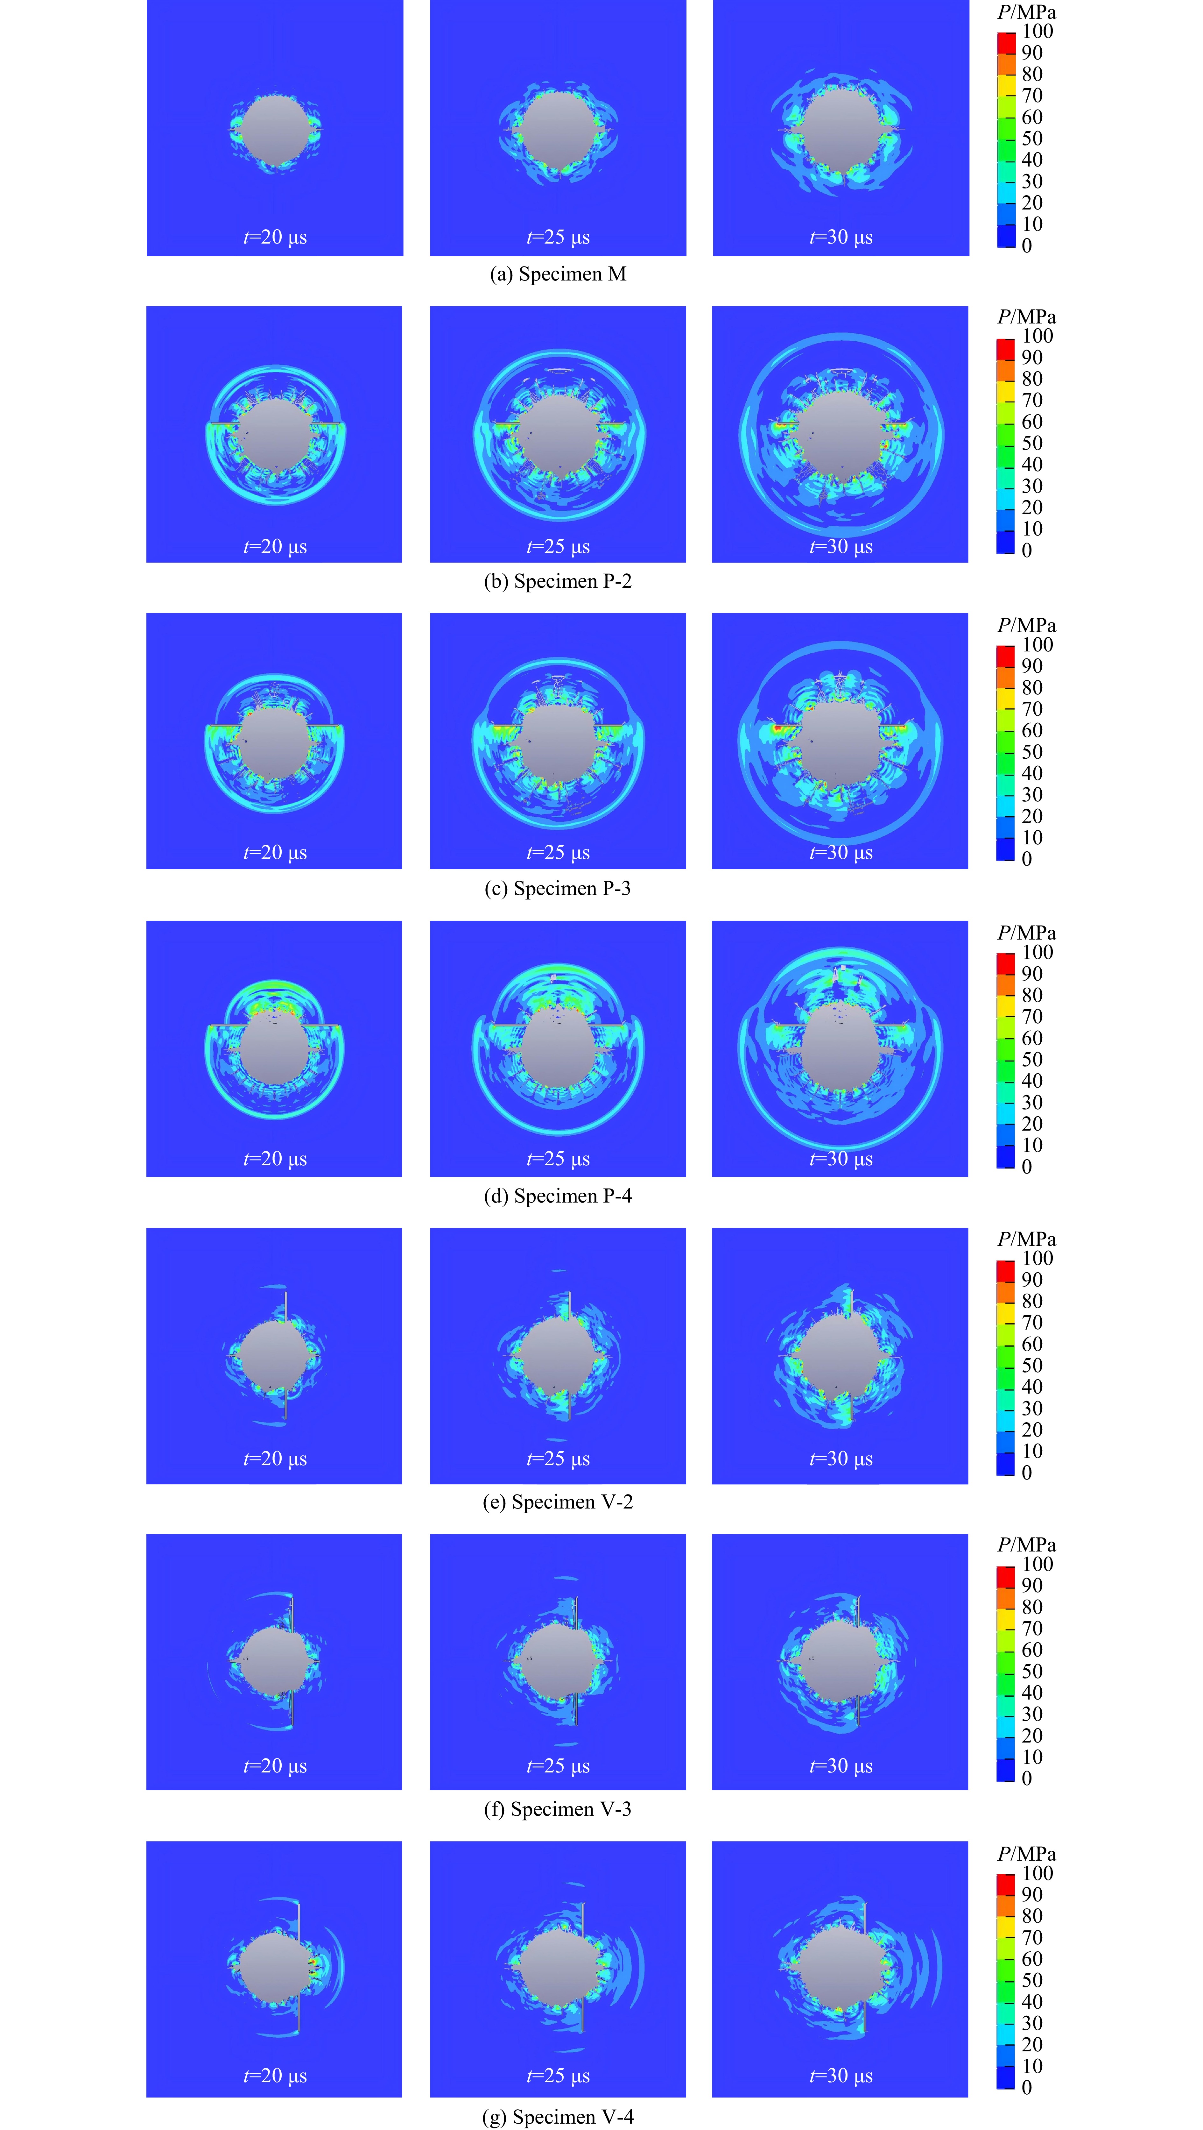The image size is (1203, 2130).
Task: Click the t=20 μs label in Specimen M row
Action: (x=275, y=237)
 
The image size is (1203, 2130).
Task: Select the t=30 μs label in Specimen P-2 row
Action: (x=841, y=547)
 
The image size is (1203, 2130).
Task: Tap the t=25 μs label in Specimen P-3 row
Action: (x=558, y=853)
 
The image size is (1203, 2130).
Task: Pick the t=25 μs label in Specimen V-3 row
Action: (x=558, y=1765)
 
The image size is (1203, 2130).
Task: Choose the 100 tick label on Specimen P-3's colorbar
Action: (x=1038, y=644)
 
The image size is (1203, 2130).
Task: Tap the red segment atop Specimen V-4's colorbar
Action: (x=1005, y=1883)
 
